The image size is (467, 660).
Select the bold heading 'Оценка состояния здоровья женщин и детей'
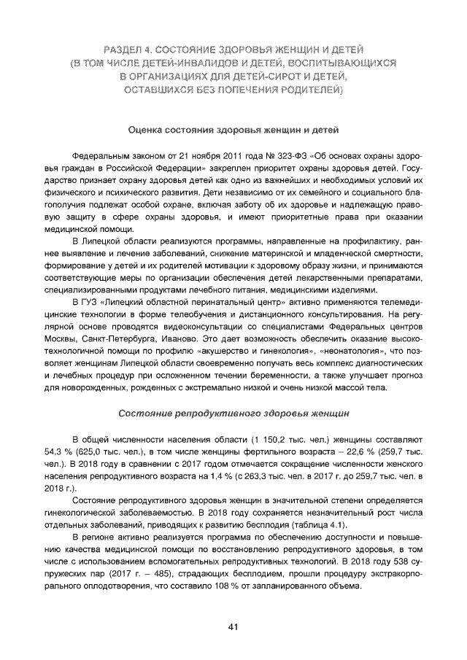233,130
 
